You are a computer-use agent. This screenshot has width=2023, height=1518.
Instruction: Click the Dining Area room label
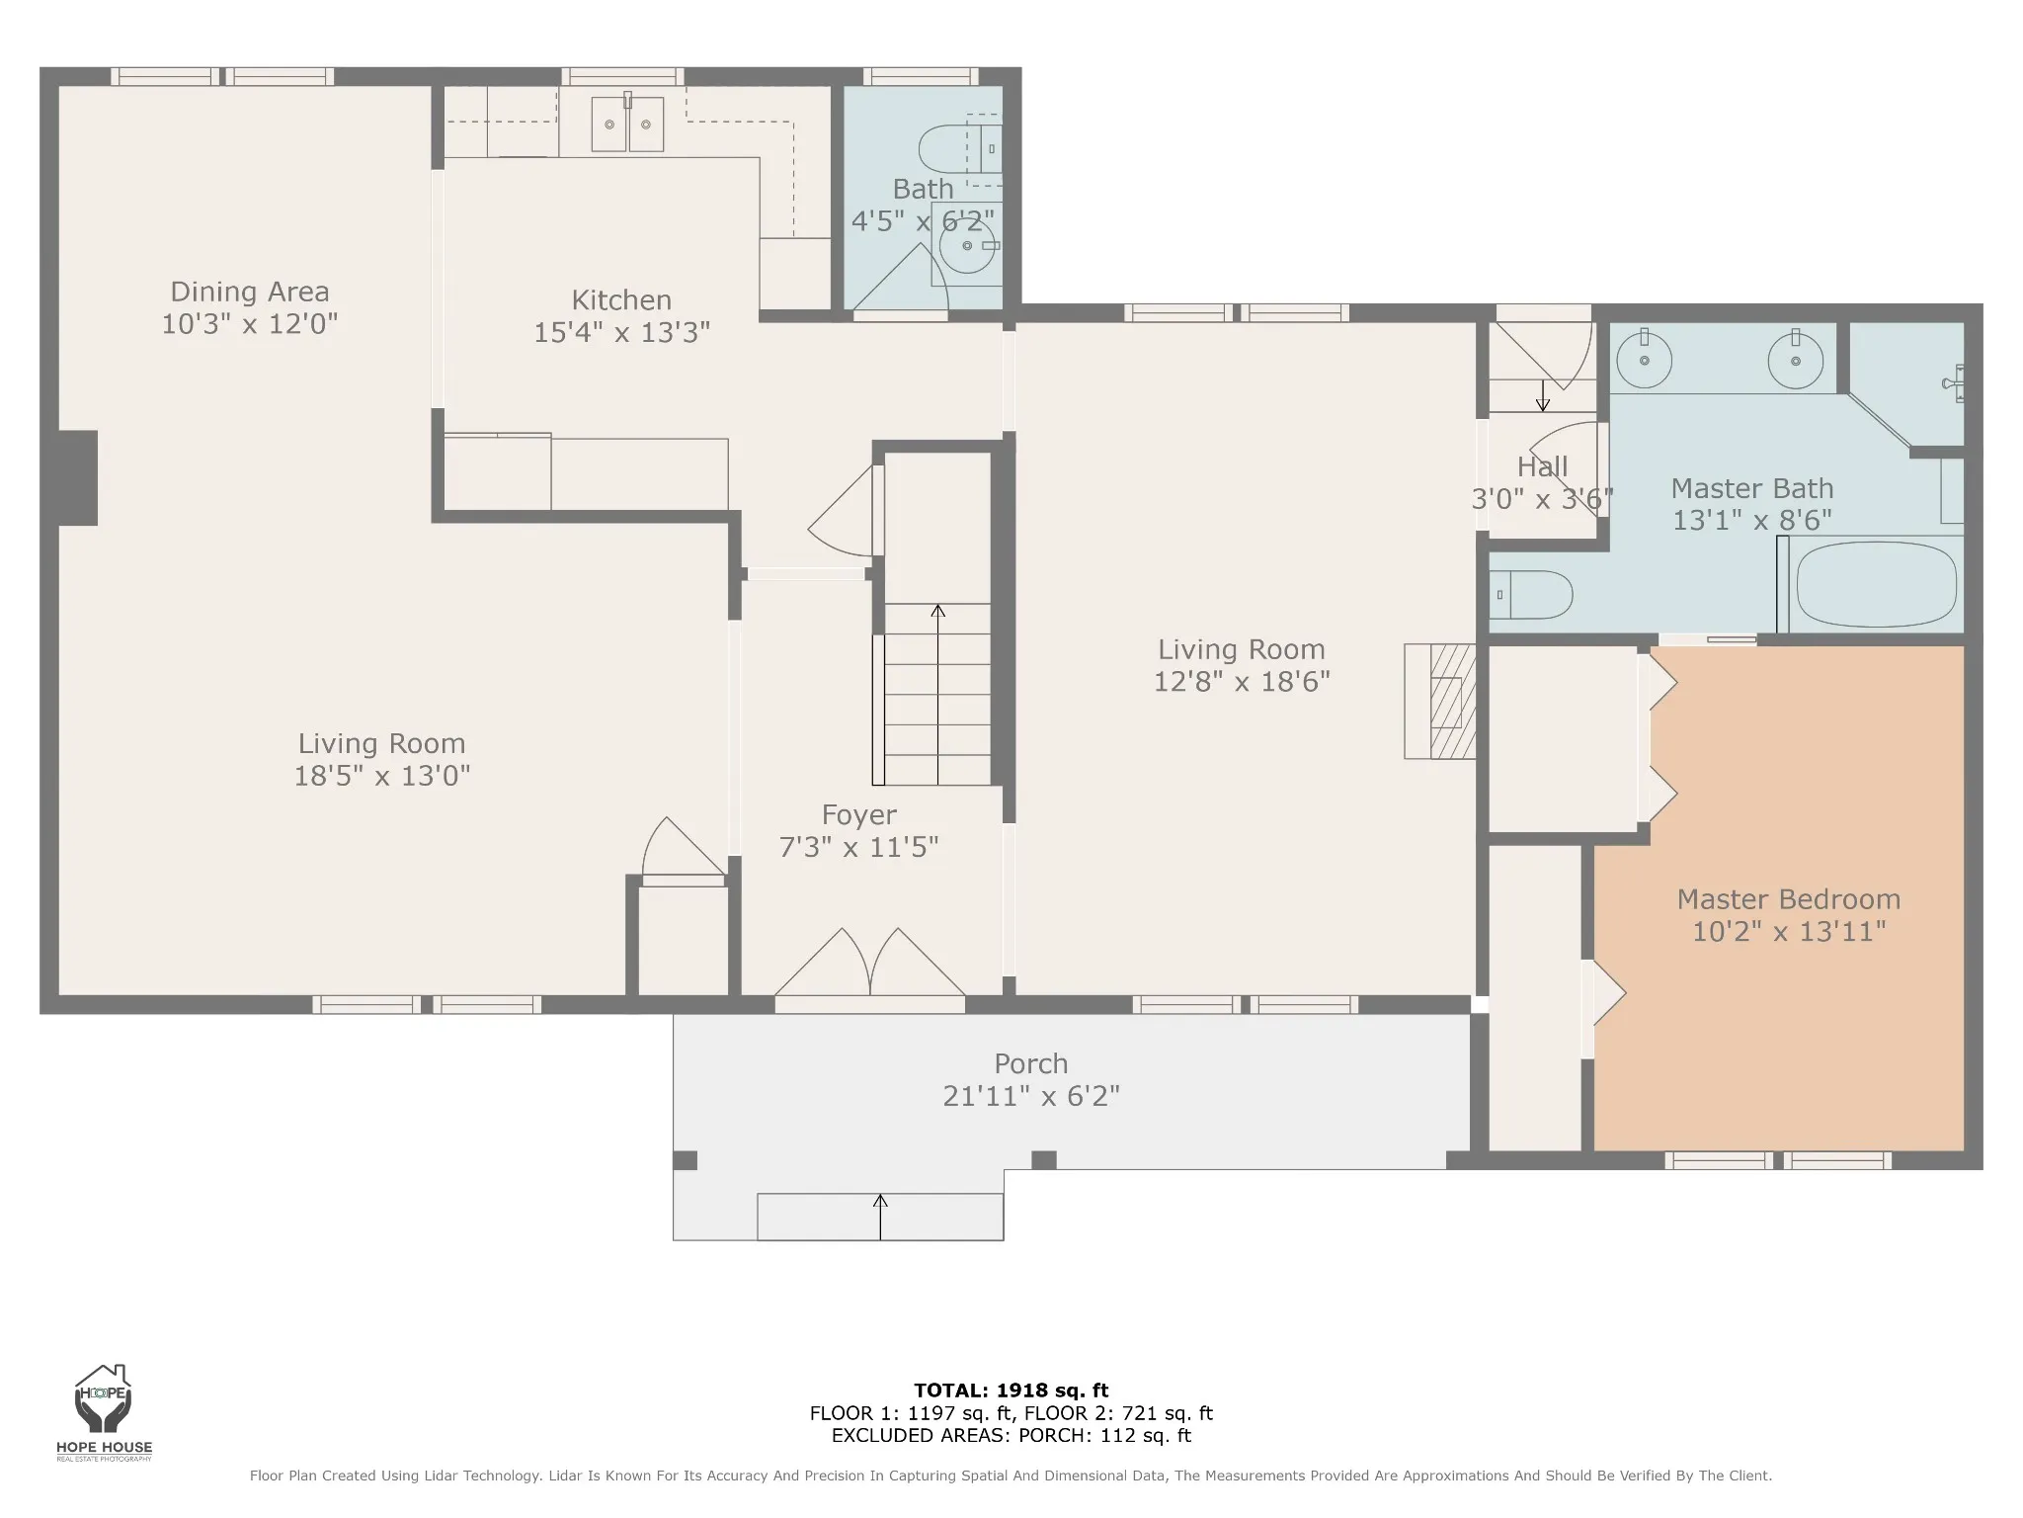250,292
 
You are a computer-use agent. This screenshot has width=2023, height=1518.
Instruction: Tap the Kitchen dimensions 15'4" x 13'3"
622,332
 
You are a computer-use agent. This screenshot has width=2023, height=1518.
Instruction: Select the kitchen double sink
627,123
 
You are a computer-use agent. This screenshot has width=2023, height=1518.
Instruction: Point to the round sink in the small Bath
967,246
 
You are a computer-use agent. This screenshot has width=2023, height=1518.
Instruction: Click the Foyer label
859,814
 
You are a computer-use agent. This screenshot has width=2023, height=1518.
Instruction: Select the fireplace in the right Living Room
1440,702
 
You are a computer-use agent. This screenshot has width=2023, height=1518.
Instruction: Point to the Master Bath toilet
1531,595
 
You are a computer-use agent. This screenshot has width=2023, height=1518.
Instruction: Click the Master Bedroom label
1789,899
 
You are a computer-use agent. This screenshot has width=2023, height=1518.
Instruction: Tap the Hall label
1543,466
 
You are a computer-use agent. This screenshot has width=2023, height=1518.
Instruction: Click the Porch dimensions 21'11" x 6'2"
1031,1096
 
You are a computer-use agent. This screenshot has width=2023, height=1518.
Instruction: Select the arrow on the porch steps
880,1217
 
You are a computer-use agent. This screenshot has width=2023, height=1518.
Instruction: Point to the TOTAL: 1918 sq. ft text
1011,1391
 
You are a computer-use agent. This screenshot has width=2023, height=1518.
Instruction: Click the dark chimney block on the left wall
78,478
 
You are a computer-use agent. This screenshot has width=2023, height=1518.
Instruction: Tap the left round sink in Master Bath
1645,360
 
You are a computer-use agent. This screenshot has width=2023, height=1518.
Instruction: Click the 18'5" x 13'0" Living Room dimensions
382,776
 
